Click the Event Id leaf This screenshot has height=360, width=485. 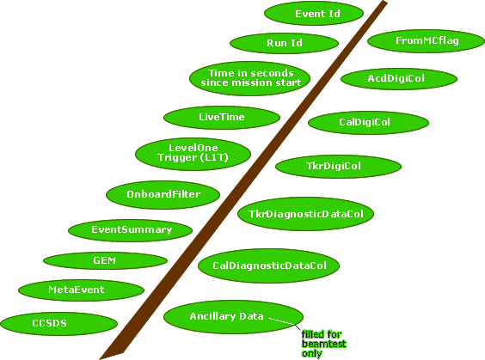click(314, 14)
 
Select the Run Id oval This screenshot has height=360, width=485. click(285, 43)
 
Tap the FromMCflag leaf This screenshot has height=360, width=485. click(427, 41)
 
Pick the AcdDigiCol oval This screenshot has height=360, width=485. click(399, 79)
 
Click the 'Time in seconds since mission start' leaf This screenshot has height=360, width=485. click(250, 78)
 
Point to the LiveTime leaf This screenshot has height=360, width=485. click(222, 118)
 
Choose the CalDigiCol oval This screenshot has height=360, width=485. click(368, 123)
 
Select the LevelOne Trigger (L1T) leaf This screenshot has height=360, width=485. click(193, 154)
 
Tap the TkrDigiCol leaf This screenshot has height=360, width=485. click(339, 167)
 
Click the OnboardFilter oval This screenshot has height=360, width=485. click(163, 195)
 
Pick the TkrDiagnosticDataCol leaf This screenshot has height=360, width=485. click(305, 214)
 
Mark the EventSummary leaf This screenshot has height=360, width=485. click(130, 230)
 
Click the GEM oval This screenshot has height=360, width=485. click(105, 260)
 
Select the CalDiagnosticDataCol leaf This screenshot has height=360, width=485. click(269, 265)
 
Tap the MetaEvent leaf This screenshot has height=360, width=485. click(82, 290)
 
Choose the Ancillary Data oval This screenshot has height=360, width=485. click(233, 317)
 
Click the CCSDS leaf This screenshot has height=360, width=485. click(58, 324)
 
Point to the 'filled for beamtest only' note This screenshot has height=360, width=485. click(323, 344)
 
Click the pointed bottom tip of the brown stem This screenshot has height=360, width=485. click(100, 359)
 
